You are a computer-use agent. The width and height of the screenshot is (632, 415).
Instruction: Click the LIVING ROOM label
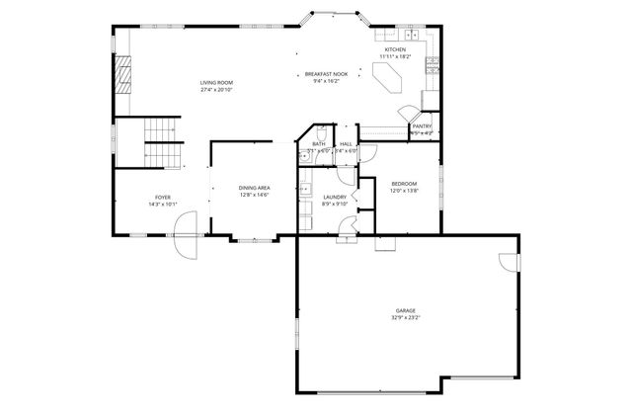217,83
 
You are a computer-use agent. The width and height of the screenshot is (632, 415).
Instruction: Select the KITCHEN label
395,49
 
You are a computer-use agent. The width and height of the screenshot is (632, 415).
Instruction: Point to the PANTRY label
422,126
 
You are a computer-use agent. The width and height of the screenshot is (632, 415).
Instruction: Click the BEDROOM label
404,184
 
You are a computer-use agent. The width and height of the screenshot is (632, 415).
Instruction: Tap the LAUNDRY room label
335,198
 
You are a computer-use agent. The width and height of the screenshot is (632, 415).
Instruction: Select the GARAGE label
406,310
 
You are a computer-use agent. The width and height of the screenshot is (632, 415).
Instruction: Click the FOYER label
162,198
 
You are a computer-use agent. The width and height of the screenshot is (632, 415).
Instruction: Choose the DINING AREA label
254,188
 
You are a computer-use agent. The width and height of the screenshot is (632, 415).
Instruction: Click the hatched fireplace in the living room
122,73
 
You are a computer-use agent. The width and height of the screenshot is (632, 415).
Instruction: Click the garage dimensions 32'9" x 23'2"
406,318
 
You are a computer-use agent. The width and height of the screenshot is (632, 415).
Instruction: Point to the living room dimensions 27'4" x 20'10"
217,90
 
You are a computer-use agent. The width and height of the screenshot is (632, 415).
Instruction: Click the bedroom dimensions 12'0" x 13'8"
404,191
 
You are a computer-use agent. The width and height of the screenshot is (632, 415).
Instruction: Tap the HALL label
346,144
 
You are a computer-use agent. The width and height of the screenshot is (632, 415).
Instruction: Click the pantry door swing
407,114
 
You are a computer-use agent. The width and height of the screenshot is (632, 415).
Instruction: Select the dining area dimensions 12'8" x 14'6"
254,195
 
